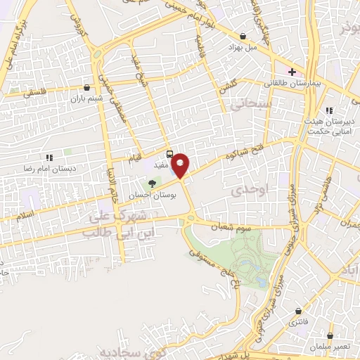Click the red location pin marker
pyautogui.click(x=181, y=165)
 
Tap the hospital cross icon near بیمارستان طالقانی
pyautogui.click(x=292, y=72)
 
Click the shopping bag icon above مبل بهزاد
pyautogui.click(x=243, y=36)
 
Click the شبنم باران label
pyautogui.click(x=86, y=98)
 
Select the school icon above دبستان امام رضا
pyautogui.click(x=49, y=158)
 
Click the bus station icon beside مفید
pyautogui.click(x=169, y=153)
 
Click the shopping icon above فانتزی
pyautogui.click(x=300, y=311)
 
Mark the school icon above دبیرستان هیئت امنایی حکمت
pyautogui.click(x=328, y=110)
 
